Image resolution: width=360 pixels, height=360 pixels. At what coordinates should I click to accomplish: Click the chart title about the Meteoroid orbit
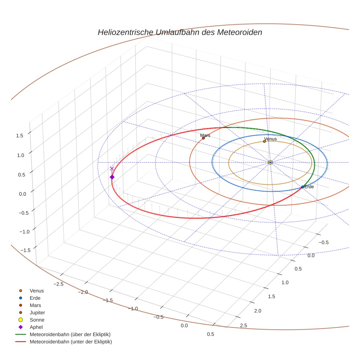click(x=180, y=32)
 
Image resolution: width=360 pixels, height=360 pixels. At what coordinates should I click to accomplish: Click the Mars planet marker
click(x=203, y=138)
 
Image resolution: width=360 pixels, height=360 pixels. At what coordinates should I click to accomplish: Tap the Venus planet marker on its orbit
click(x=265, y=141)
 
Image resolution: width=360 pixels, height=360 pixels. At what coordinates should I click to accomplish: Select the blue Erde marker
click(x=302, y=187)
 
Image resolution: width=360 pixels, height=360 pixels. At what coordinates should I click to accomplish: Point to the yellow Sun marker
click(x=270, y=162)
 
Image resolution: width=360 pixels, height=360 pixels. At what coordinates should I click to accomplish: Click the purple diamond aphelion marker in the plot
click(x=112, y=177)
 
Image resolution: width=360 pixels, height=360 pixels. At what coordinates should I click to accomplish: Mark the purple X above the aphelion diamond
click(x=112, y=168)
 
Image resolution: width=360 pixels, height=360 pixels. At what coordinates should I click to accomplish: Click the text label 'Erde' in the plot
click(x=309, y=187)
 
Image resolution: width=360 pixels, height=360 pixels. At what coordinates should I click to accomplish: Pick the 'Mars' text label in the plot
click(x=205, y=135)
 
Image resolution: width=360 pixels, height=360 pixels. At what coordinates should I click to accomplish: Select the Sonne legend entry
click(x=37, y=320)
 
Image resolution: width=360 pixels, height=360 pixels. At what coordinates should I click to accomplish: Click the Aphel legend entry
click(x=36, y=327)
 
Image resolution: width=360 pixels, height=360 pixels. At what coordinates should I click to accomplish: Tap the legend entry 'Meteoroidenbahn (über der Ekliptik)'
click(x=70, y=334)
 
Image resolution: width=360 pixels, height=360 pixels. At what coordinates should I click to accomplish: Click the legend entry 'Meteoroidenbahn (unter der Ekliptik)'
click(x=71, y=342)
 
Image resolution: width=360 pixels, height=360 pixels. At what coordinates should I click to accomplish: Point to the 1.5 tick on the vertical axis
click(x=20, y=135)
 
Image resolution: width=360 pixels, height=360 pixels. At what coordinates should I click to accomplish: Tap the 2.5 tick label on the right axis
click(x=243, y=326)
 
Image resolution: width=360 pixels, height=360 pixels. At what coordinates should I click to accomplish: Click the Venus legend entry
click(x=37, y=291)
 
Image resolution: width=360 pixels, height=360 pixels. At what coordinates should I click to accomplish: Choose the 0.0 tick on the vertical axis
click(x=23, y=194)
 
